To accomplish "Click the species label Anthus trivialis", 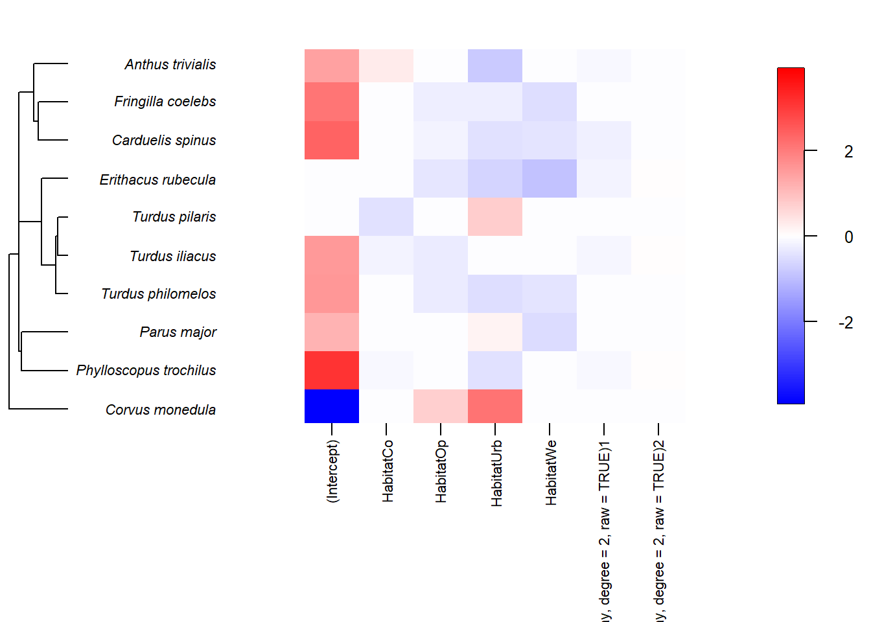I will [x=170, y=64].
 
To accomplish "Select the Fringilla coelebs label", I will [x=165, y=102].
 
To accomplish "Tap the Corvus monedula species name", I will [x=160, y=409].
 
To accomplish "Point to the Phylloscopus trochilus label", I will [x=146, y=371].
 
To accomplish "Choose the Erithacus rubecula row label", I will [x=157, y=179].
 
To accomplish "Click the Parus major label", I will [x=178, y=332].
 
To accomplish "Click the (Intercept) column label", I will [x=332, y=471].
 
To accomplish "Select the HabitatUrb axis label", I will [x=496, y=473].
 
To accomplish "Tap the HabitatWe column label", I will [x=551, y=473].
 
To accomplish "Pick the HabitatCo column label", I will [x=388, y=471].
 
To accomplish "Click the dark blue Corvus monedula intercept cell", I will [x=332, y=406].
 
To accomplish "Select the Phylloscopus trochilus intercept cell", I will [x=332, y=370].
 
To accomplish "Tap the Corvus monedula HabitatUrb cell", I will [x=495, y=406].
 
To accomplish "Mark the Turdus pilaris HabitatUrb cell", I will [x=495, y=216].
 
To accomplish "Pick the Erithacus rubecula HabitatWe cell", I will [x=550, y=178].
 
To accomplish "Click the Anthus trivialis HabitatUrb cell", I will [x=495, y=65].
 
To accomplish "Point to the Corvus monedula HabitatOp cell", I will [x=441, y=406].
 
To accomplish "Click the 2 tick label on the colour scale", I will [x=848, y=152].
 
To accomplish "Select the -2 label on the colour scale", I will [x=846, y=323].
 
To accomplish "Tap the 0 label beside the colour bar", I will [x=848, y=237].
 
